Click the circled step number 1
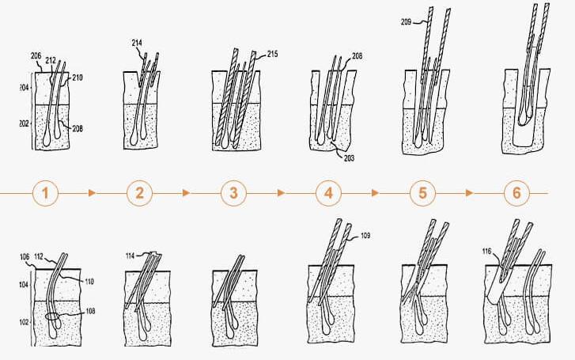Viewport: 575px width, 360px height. [x=45, y=193]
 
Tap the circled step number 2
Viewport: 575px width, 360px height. [x=140, y=193]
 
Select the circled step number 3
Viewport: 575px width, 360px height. [x=234, y=193]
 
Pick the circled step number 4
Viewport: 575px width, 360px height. [x=328, y=193]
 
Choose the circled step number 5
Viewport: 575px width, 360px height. [x=423, y=193]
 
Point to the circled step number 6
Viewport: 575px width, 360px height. [x=516, y=193]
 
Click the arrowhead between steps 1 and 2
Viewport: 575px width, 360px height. [x=93, y=193]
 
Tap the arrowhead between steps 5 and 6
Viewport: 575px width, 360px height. [x=469, y=193]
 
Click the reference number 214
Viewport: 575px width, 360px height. [x=137, y=43]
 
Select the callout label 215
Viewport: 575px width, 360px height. [x=272, y=54]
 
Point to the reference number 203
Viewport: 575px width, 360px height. [x=349, y=158]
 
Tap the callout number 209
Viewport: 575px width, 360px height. [x=406, y=22]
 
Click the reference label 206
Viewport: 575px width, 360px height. [x=36, y=56]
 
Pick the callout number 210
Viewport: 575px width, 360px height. [x=78, y=78]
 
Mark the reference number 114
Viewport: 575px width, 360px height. [x=131, y=256]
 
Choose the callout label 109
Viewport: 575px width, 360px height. [x=365, y=236]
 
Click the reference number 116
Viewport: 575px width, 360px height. [x=486, y=252]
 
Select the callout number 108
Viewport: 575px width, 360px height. [x=90, y=311]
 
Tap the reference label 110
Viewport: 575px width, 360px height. [x=89, y=282]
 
